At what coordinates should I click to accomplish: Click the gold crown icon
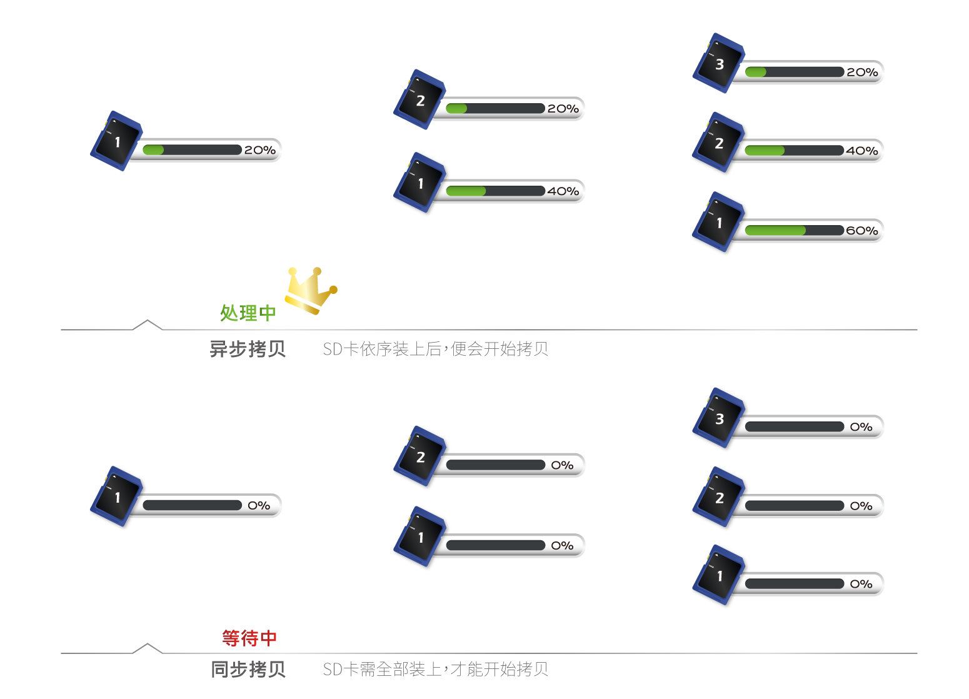pos(310,289)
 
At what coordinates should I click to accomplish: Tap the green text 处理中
pos(248,313)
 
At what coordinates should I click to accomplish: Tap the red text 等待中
pos(249,638)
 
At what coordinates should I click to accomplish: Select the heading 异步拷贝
pos(248,349)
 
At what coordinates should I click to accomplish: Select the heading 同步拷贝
pos(248,670)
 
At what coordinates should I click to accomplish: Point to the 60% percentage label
pos(862,231)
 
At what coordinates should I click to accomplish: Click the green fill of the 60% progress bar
pos(775,231)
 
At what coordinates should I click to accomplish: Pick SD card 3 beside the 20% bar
pos(719,63)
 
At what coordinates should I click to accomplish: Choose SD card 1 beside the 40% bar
pos(420,183)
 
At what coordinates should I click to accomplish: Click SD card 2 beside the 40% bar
pos(719,143)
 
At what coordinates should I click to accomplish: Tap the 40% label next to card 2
pos(862,151)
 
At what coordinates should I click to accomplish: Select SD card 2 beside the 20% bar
pos(420,100)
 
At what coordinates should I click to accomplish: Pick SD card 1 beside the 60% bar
pos(719,223)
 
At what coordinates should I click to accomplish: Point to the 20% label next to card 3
pos(862,73)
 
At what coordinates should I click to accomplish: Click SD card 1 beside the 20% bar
pos(117,141)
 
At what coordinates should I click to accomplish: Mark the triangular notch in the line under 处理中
pos(148,324)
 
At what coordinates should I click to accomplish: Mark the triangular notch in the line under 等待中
pos(148,648)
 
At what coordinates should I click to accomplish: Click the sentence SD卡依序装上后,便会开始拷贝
pos(435,349)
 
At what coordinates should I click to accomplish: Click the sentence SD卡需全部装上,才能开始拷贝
pos(435,670)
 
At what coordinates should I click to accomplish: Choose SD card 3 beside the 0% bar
pos(719,419)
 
